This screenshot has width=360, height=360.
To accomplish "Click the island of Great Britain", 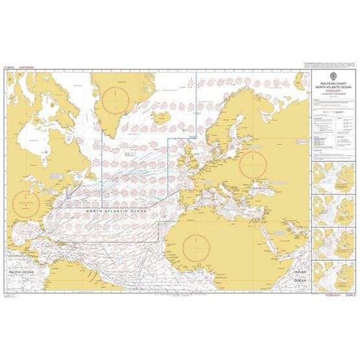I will coord(189,156).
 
